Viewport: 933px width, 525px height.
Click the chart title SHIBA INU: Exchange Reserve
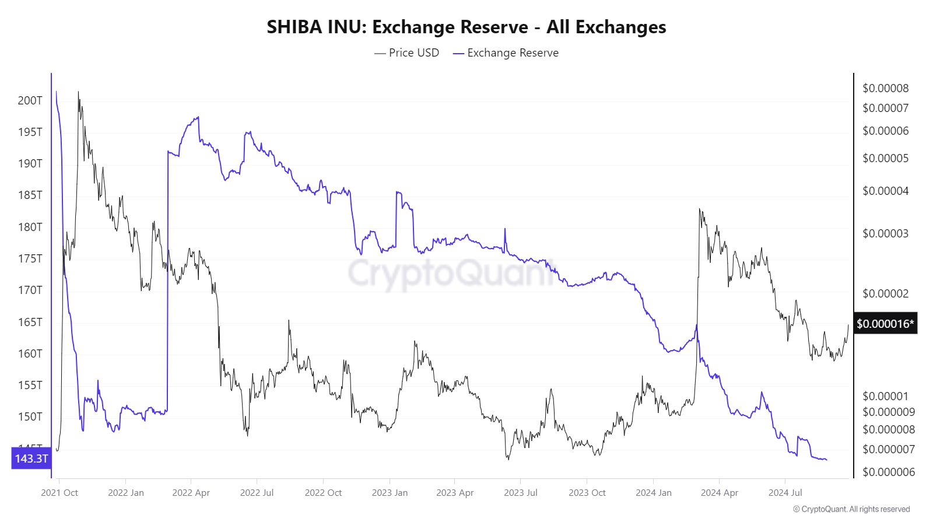[466, 27]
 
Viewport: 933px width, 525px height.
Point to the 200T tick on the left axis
[30, 100]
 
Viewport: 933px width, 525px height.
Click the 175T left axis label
[30, 258]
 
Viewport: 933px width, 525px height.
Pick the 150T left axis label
[30, 416]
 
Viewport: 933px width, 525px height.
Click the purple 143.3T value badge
[31, 459]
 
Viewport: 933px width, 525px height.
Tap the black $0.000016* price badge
[885, 324]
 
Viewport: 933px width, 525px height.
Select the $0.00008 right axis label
[885, 88]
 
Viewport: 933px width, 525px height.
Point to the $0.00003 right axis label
[885, 233]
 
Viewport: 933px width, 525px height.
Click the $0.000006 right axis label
[889, 472]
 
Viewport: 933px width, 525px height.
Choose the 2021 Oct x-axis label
[59, 493]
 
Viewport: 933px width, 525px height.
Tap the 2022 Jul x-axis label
[257, 493]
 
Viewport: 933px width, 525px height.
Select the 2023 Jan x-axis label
[390, 493]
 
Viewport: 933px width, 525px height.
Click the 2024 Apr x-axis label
[719, 493]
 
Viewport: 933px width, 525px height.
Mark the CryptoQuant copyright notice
[851, 509]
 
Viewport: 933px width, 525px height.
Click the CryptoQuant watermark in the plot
[452, 273]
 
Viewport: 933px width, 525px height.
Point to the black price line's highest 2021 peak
[78, 92]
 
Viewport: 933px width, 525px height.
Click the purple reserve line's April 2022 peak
[198, 117]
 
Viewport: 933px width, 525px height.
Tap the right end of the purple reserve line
[826, 460]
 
